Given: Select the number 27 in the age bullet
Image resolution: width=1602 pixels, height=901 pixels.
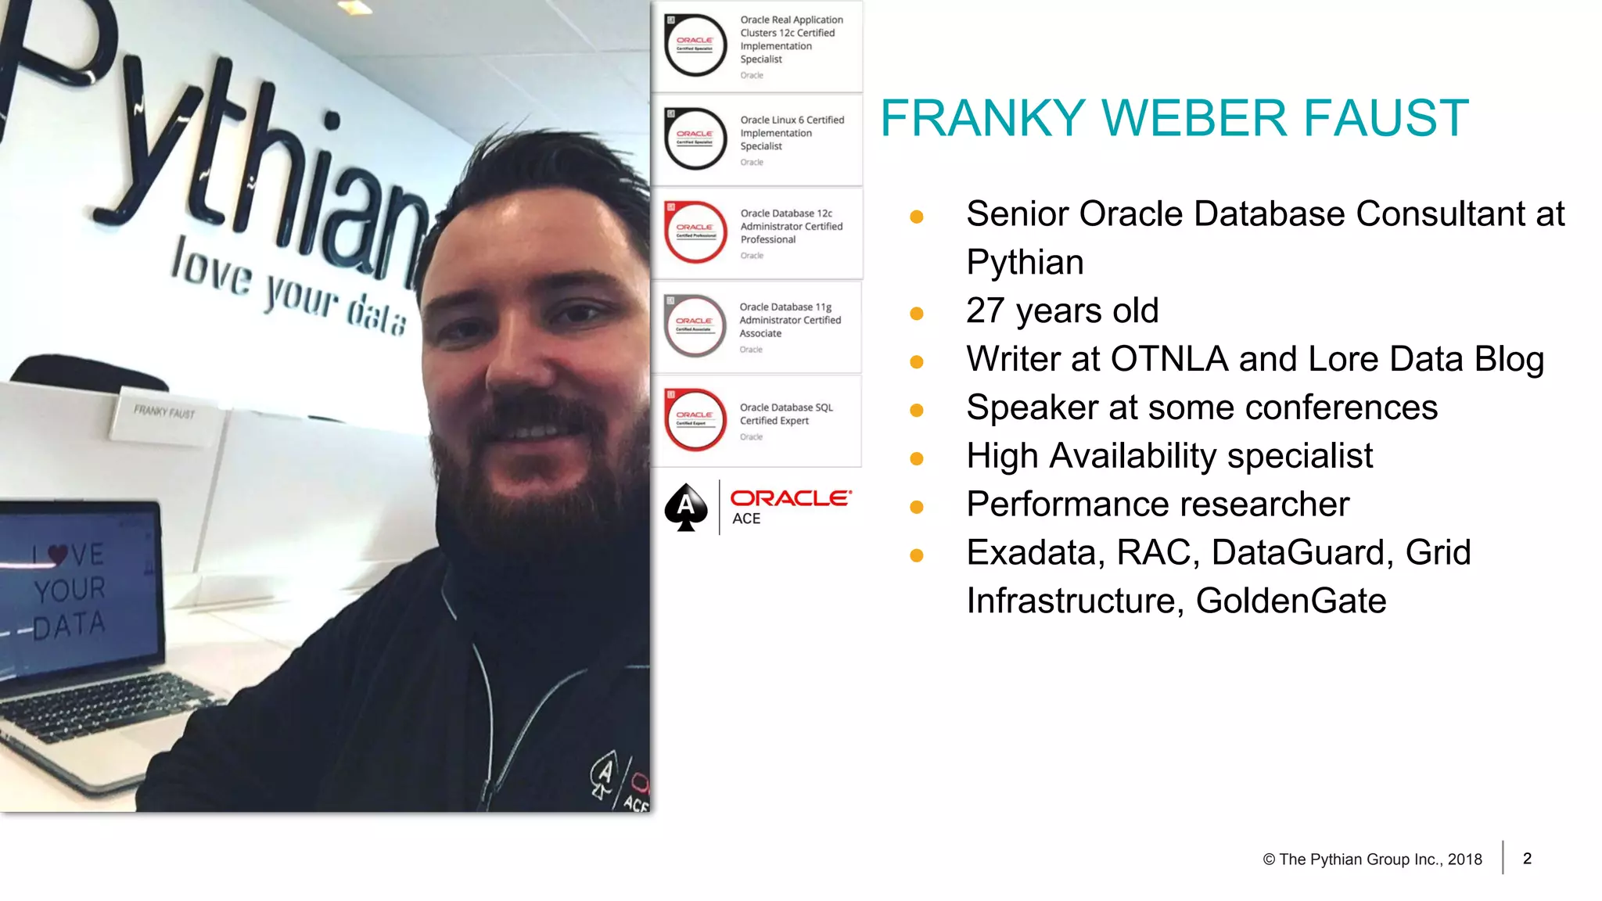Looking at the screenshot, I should (985, 311).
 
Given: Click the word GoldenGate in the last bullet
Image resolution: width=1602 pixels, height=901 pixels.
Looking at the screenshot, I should (1291, 601).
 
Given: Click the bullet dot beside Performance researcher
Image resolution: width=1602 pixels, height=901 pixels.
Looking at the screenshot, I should (917, 508).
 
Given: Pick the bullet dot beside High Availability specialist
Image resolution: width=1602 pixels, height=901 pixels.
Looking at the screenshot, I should (917, 459).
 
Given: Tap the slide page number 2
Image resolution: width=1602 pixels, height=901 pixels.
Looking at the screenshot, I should (1527, 859).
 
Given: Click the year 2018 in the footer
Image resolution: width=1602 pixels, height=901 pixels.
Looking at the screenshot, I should (1464, 860).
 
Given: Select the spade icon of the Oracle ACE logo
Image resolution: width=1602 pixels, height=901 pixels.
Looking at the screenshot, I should (686, 507).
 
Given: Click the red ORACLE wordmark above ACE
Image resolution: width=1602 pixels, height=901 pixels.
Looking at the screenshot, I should (790, 498).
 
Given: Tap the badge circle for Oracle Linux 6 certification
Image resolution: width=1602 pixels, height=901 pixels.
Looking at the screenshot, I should (695, 138).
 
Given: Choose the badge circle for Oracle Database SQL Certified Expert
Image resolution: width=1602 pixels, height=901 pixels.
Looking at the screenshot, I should (695, 419).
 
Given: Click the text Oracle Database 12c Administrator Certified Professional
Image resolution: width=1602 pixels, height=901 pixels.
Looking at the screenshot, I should (791, 226).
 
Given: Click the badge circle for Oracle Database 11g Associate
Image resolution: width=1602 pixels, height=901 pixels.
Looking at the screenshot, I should (695, 325).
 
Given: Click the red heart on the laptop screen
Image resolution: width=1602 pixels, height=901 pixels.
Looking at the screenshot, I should (57, 554).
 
